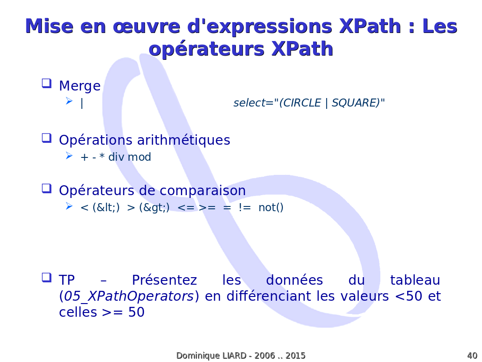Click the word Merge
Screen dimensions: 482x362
(80, 86)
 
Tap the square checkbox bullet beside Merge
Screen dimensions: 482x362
(47, 83)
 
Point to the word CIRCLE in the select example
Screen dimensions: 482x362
(302, 103)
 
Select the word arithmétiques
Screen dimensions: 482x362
(184, 140)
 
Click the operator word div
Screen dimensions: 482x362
(116, 157)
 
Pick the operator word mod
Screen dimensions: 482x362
(139, 157)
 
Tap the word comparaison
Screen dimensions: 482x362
(202, 191)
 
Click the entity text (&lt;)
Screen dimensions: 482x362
(106, 207)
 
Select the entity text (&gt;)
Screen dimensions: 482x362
(154, 207)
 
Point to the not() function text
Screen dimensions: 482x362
(271, 207)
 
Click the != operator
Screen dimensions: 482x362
(245, 207)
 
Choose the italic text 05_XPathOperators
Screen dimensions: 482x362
(129, 296)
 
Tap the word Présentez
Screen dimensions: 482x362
(164, 280)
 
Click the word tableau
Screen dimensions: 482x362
(415, 280)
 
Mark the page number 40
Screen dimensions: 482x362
(472, 355)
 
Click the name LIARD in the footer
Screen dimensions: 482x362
(234, 355)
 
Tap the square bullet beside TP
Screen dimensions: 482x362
(47, 278)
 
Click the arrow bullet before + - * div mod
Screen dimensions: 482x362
(69, 156)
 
